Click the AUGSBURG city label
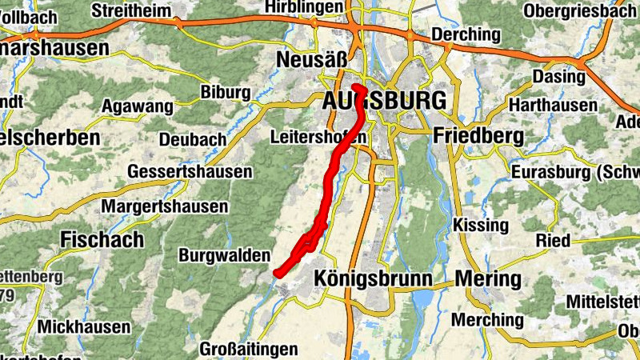coord(383,102)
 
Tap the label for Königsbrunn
coord(374,278)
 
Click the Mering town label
coord(487,278)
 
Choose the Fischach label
coord(102,239)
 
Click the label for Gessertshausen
coord(190,172)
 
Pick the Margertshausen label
coord(165,207)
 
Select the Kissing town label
coord(480,225)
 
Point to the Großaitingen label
coord(248,350)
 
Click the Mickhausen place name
coord(84,327)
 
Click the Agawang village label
coord(138,106)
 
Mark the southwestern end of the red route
coord(277,274)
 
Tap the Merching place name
coord(488,320)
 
